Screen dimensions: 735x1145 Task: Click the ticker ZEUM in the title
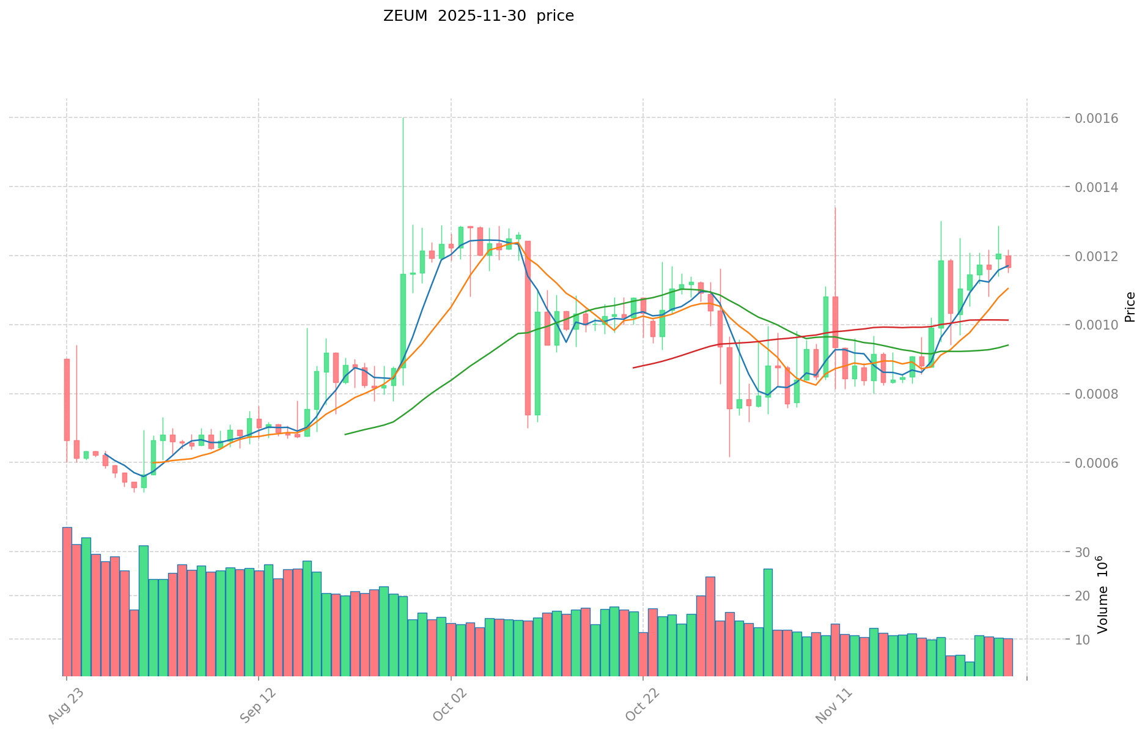[405, 17]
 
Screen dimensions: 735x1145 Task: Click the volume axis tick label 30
[1083, 552]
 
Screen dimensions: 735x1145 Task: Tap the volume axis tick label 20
[1083, 596]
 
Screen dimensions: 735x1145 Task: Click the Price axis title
[1129, 307]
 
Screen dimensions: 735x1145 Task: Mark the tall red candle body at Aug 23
[67, 399]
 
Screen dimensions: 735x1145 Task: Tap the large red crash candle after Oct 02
[528, 328]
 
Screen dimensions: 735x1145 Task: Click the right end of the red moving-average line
[1008, 320]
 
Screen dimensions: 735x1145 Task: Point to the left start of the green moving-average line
[345, 434]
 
